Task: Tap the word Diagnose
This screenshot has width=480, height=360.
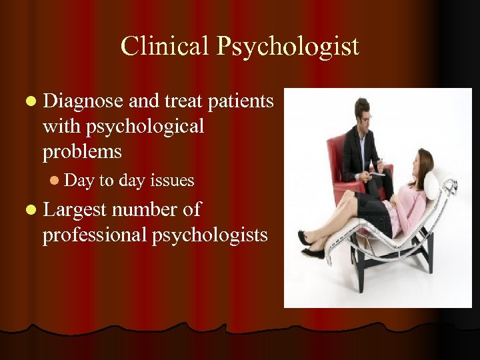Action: tap(83, 101)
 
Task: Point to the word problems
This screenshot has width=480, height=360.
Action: tap(82, 151)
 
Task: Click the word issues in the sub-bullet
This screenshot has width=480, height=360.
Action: tap(173, 180)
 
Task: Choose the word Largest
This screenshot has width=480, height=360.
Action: tap(75, 210)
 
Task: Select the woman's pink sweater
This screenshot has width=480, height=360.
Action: tap(411, 207)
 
